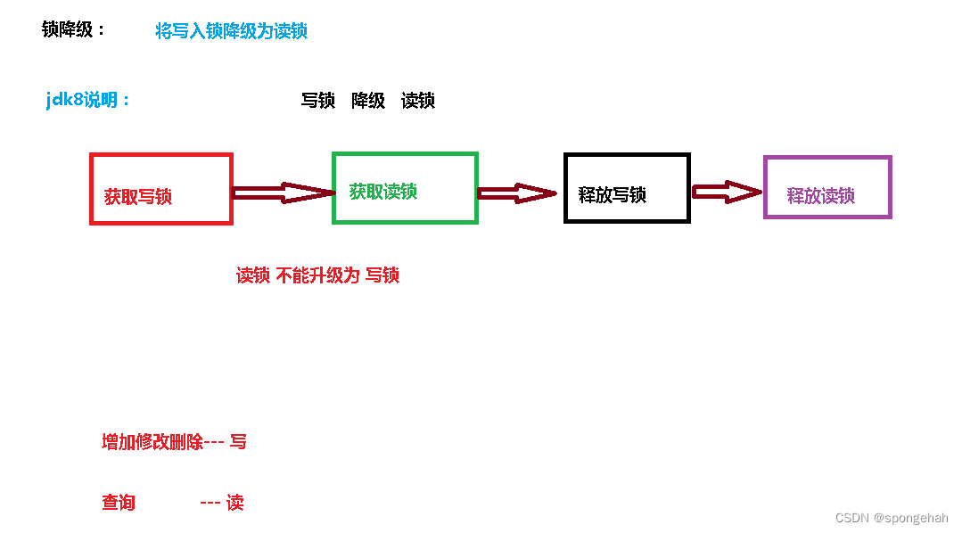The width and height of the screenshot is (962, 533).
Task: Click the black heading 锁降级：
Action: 74,29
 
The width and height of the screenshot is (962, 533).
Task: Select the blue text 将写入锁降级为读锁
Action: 232,31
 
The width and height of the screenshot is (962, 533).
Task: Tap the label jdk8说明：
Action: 88,100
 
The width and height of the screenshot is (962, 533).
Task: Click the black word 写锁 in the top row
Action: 318,101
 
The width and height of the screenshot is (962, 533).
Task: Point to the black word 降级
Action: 368,101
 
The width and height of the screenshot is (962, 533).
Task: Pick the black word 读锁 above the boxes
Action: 418,101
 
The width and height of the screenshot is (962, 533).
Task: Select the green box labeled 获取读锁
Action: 405,210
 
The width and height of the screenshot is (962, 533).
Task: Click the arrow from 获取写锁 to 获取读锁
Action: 282,193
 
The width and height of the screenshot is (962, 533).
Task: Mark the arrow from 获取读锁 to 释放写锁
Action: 517,193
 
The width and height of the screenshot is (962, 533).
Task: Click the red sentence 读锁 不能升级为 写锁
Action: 317,275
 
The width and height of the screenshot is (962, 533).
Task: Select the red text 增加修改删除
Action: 153,442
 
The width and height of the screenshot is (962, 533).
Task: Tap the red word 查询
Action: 119,503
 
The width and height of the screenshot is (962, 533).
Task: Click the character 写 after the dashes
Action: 238,441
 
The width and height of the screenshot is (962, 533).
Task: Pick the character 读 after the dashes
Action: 234,503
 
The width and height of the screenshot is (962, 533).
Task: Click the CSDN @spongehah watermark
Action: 891,518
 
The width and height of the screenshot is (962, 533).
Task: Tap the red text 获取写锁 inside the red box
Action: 138,197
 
